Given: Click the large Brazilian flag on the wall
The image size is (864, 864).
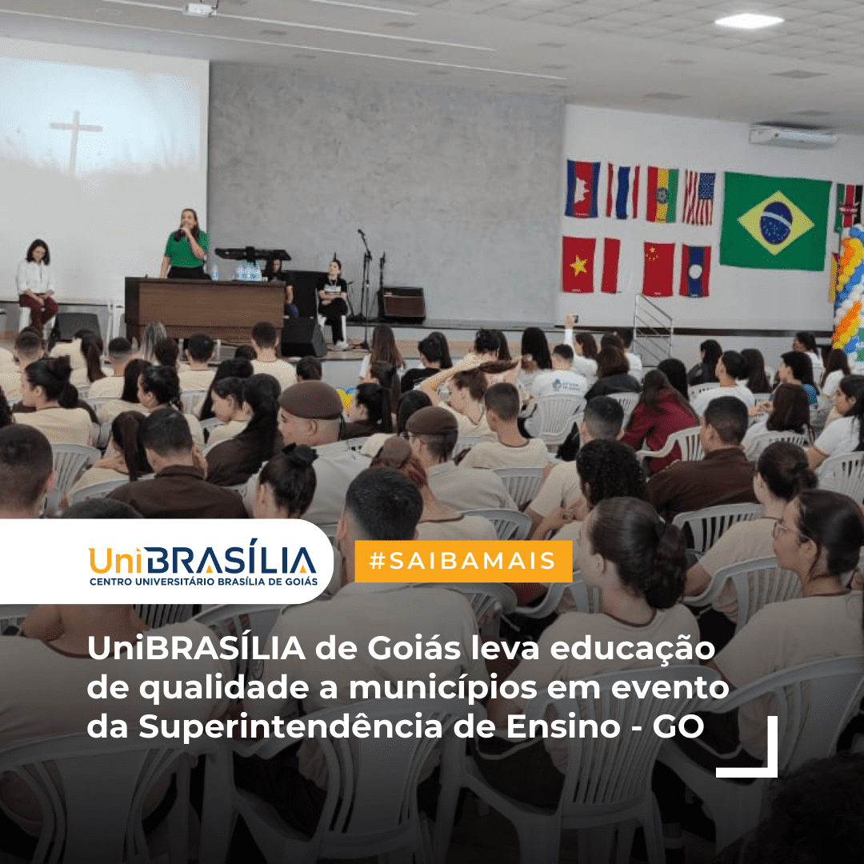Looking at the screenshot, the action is click(x=774, y=222).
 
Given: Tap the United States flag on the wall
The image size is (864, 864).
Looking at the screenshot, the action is click(x=698, y=198).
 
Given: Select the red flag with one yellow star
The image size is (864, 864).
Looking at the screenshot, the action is click(x=578, y=265).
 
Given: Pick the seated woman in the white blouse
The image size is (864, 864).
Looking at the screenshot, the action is click(x=35, y=284).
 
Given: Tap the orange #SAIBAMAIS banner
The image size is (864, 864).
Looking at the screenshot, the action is click(x=463, y=561).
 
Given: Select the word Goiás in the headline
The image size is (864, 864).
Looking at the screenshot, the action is click(x=414, y=649).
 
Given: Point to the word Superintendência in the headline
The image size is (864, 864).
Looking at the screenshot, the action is click(x=290, y=726).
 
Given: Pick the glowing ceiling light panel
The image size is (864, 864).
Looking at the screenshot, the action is click(x=749, y=21).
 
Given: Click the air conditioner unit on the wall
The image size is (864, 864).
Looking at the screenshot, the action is click(x=793, y=136).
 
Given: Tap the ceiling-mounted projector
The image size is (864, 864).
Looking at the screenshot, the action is click(x=199, y=8).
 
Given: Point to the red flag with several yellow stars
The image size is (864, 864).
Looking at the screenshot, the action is click(x=658, y=269).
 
